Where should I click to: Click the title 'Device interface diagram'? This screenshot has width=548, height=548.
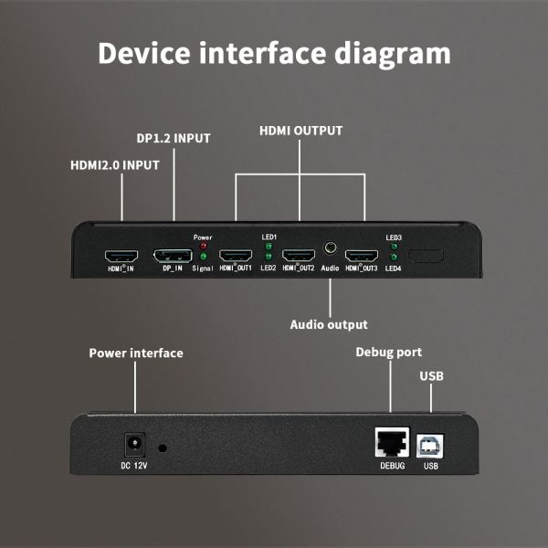click(x=274, y=53)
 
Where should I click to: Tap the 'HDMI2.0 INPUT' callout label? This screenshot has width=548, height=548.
click(x=115, y=165)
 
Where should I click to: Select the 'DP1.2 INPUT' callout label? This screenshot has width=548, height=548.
click(x=174, y=139)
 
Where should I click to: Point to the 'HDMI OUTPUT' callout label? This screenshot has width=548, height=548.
click(x=300, y=131)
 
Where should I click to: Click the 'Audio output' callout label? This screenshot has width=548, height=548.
click(x=329, y=324)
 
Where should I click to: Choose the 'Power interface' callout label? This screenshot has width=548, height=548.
click(x=135, y=353)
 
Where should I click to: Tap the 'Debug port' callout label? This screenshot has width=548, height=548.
click(x=388, y=353)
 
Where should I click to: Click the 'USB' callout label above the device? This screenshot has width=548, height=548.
click(x=432, y=376)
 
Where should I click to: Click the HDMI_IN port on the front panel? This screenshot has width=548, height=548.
click(x=121, y=256)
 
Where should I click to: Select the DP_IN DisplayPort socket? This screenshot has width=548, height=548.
click(x=173, y=256)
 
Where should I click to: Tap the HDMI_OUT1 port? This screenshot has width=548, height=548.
click(x=236, y=256)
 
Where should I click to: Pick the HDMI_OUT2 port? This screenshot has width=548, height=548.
click(x=299, y=256)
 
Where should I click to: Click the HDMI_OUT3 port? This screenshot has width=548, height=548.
click(x=362, y=256)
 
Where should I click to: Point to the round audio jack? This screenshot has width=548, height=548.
click(x=330, y=248)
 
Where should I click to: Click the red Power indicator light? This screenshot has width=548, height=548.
click(x=203, y=246)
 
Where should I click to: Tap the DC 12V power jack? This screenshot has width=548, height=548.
click(x=135, y=445)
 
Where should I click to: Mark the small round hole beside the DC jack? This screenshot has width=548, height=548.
click(x=163, y=448)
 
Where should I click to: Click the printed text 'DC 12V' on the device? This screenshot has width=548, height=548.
click(x=135, y=467)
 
